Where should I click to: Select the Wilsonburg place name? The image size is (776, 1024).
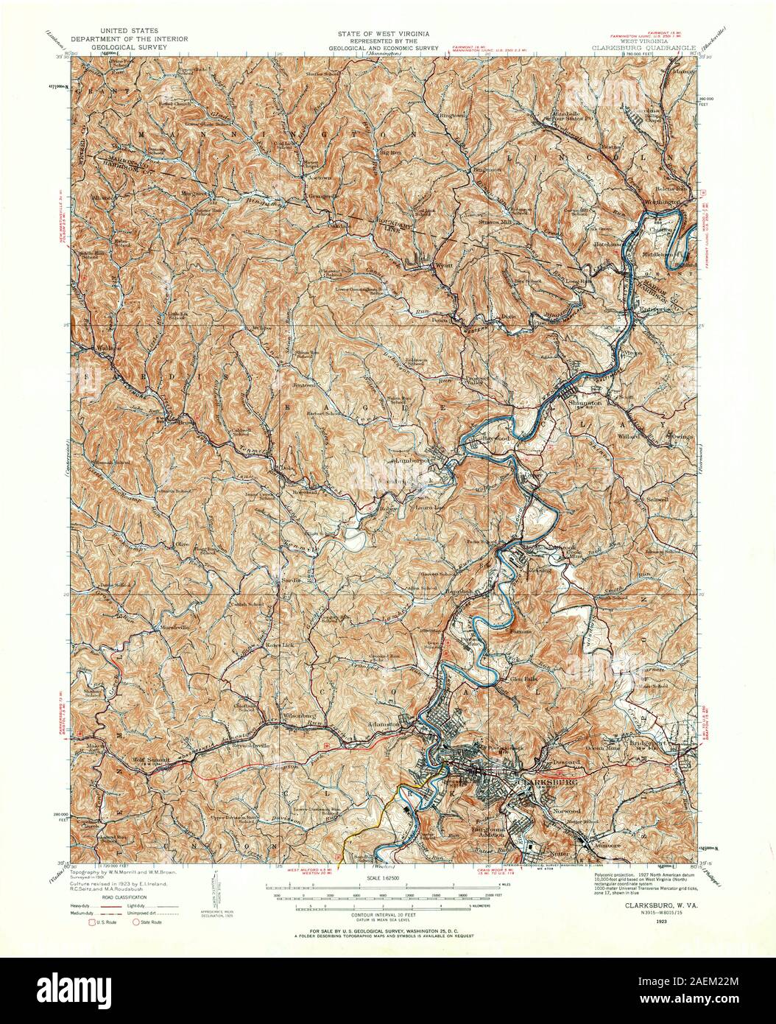[297, 715]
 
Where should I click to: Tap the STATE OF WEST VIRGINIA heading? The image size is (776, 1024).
[387, 35]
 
